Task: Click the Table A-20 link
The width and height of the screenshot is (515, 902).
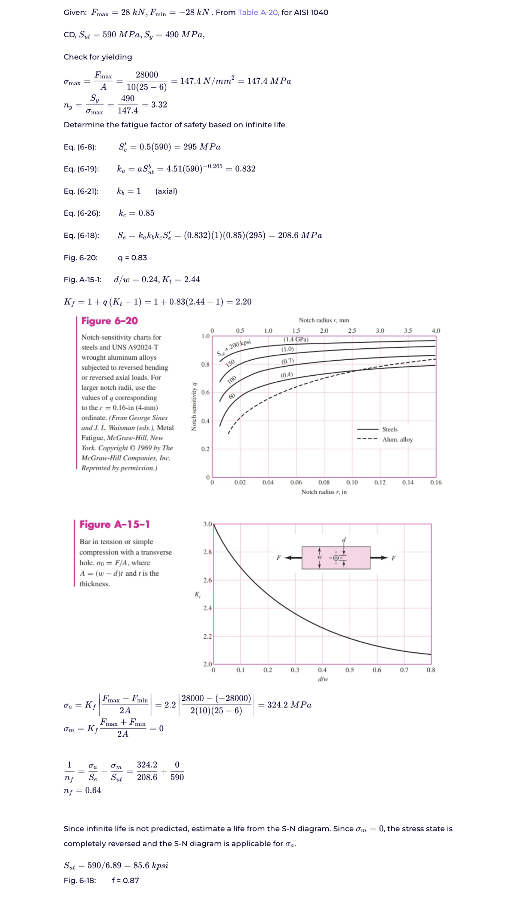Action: pyautogui.click(x=258, y=12)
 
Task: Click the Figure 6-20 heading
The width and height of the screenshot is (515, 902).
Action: pyautogui.click(x=109, y=321)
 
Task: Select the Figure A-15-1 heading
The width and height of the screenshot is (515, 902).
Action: pyautogui.click(x=114, y=524)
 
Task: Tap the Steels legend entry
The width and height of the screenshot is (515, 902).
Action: pyautogui.click(x=389, y=429)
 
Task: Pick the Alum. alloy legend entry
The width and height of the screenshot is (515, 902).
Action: pyautogui.click(x=397, y=439)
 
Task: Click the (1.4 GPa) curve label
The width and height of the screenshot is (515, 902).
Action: pyautogui.click(x=296, y=339)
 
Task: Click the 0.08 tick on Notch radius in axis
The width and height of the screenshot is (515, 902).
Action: pyautogui.click(x=324, y=482)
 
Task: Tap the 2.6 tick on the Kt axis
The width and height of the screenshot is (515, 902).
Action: pyautogui.click(x=207, y=580)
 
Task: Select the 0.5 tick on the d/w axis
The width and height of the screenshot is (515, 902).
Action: pyautogui.click(x=350, y=670)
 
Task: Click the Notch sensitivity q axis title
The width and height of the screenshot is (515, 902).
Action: pyautogui.click(x=194, y=406)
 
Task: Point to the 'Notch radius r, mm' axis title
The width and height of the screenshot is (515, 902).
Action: pyautogui.click(x=323, y=320)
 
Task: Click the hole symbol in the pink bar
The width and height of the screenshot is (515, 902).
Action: pyautogui.click(x=336, y=558)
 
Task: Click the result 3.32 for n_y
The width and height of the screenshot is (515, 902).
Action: pyautogui.click(x=159, y=105)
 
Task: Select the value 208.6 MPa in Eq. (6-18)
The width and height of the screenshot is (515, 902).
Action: pyautogui.click(x=299, y=235)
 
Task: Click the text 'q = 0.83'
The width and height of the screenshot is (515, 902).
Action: pyautogui.click(x=132, y=257)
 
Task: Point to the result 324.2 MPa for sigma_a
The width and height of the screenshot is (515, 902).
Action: pyautogui.click(x=289, y=705)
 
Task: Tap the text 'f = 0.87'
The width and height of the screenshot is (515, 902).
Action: pyautogui.click(x=125, y=880)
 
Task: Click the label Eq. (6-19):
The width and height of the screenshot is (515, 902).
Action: pyautogui.click(x=81, y=169)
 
